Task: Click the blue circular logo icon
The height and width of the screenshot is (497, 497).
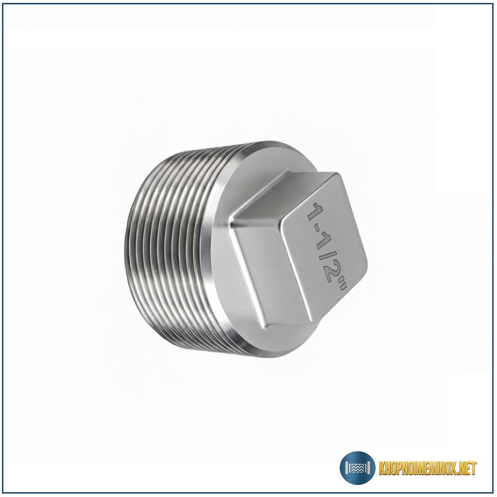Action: tap(358, 467)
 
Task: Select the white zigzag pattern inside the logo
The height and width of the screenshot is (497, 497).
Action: tap(358, 468)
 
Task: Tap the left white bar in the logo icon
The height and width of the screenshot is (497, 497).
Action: tap(347, 468)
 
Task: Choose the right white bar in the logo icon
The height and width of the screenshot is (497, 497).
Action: tap(369, 468)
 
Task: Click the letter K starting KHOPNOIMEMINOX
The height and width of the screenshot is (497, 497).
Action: tap(382, 468)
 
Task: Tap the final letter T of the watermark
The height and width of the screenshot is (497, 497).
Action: tap(474, 468)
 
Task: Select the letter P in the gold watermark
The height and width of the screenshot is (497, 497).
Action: tap(397, 468)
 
